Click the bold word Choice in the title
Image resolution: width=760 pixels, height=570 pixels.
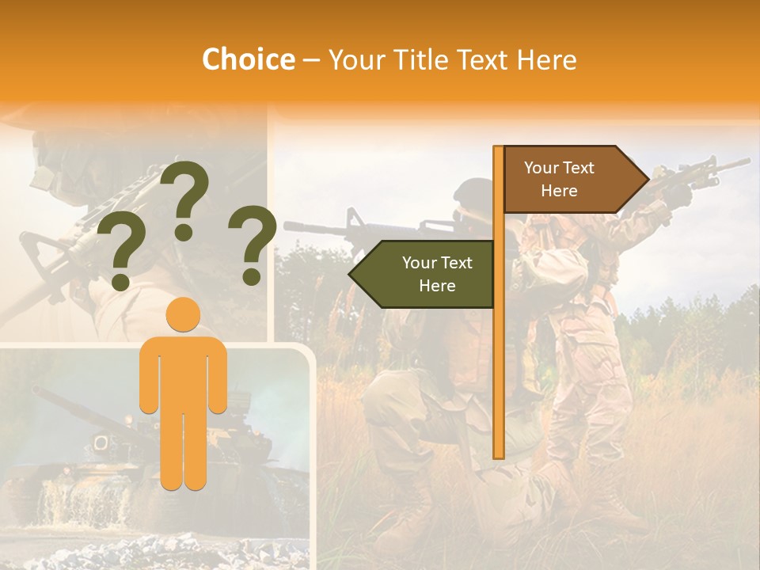point(248,59)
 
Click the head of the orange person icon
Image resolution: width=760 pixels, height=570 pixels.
point(184,315)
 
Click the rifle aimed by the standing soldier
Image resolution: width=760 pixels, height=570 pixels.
point(697,174)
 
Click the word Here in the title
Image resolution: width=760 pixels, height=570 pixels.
point(546,59)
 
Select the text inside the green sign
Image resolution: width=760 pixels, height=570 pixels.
point(436,274)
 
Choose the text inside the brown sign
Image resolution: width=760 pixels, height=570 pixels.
point(559,179)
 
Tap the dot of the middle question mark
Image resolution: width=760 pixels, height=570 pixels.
point(184,232)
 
